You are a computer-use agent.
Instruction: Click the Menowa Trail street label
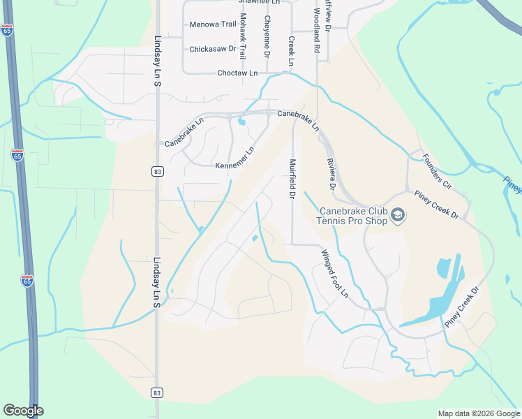point(213,24)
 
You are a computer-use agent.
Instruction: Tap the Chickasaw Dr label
point(213,50)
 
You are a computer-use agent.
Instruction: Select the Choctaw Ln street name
point(237,73)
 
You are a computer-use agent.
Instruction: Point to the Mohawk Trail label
point(244,36)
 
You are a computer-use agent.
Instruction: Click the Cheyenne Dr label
point(267,36)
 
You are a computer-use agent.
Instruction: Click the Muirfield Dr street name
point(293,179)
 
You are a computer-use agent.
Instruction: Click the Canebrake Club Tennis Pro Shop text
point(352,216)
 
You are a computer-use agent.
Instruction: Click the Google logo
point(23,411)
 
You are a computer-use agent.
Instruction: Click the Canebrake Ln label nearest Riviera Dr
point(298,120)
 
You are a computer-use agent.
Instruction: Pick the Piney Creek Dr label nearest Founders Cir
point(435,204)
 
